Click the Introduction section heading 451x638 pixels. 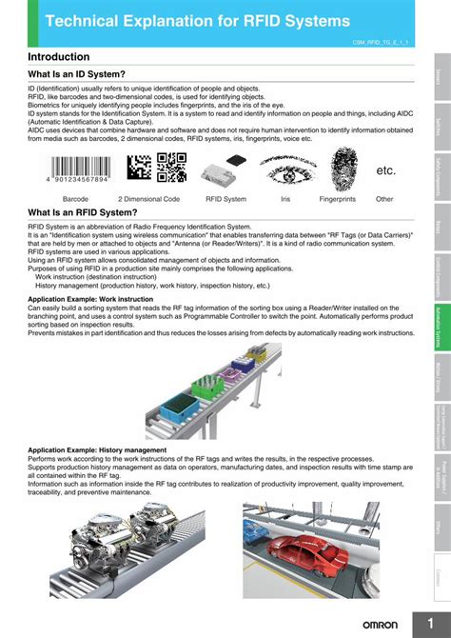(65, 58)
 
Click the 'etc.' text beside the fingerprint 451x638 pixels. (385, 170)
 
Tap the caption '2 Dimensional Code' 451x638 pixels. (148, 199)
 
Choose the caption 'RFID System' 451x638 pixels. (226, 199)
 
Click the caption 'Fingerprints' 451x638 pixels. (338, 199)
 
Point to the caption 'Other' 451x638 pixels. (384, 199)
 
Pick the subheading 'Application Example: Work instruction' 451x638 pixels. (90, 299)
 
